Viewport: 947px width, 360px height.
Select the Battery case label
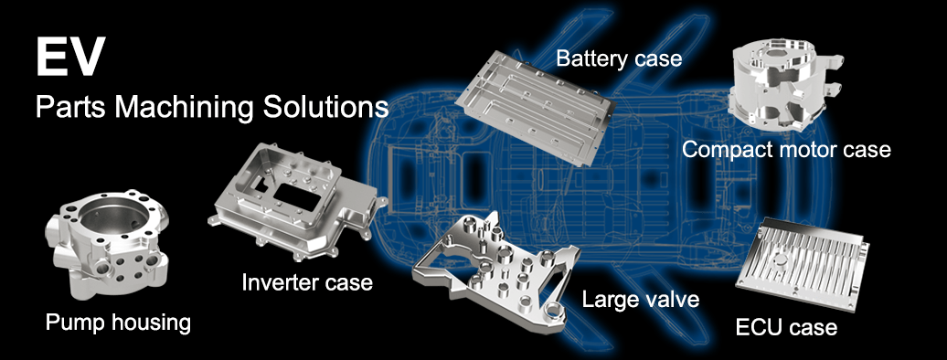(619, 58)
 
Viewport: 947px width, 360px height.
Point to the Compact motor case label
(786, 149)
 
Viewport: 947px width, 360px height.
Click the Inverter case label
(307, 282)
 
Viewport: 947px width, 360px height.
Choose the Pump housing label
(119, 323)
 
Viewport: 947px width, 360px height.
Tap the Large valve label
(640, 299)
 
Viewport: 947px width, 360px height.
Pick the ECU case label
(786, 327)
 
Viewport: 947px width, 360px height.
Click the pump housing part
(107, 244)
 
